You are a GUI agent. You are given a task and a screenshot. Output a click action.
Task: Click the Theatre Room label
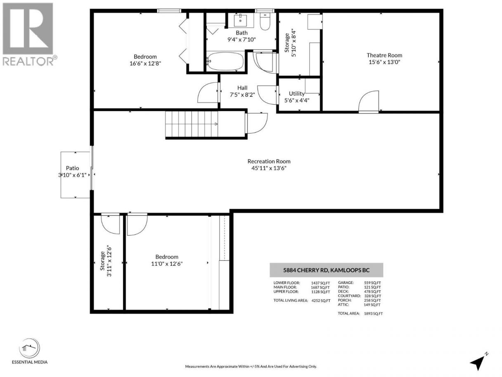coord(384,55)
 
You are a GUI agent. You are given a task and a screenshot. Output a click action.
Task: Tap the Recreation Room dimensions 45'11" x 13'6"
coord(269,168)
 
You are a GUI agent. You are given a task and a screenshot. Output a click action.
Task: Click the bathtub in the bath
coord(225,61)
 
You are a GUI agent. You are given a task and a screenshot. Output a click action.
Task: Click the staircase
coord(192,124)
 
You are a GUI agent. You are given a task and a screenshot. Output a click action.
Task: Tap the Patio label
coord(73,168)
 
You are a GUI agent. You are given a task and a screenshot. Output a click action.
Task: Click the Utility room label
coord(297,93)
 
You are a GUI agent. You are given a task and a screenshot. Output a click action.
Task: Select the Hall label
coord(242,88)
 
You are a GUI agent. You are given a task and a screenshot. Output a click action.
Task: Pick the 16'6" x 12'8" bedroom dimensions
coord(145,63)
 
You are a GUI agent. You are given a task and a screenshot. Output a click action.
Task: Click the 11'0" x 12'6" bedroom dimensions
coord(167,263)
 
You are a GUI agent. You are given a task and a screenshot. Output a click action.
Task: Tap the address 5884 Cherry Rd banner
coord(327,270)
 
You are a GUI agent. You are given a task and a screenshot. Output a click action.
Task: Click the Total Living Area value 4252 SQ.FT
coord(321,301)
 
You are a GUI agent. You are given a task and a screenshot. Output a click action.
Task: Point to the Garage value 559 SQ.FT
coord(372,283)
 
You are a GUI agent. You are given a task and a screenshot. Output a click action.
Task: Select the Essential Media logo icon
coord(29,348)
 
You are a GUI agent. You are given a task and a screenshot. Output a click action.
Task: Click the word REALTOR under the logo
coord(28,61)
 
